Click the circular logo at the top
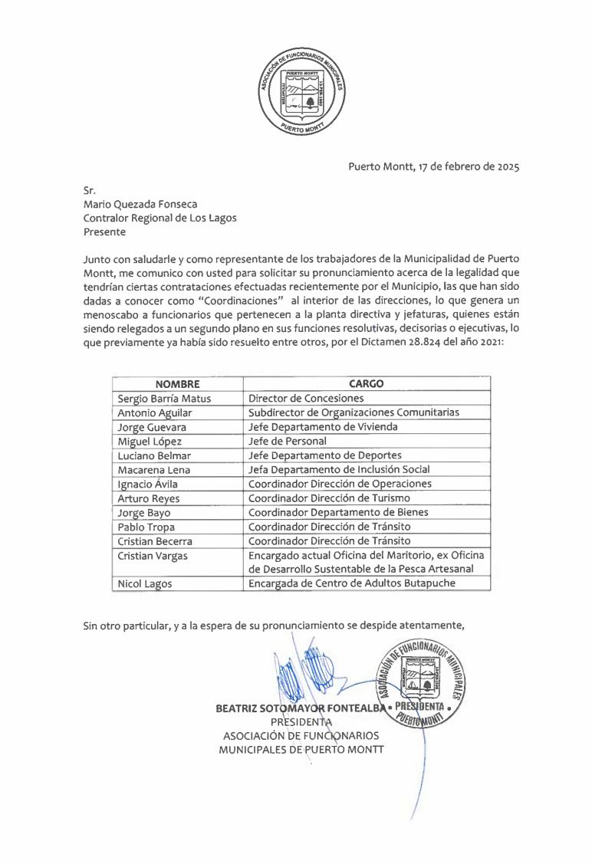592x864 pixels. point(301,92)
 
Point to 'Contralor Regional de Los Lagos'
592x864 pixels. point(160,218)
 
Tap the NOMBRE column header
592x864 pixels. point(177,384)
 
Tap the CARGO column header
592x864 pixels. point(366,384)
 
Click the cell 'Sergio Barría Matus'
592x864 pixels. point(164,399)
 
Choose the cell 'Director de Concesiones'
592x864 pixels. point(306,399)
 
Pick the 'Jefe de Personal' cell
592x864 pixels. point(288,441)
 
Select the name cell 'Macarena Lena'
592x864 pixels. point(154,469)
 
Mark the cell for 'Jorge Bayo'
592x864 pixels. point(144,512)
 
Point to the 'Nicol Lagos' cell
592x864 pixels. point(145,583)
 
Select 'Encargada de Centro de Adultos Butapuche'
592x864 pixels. point(352,583)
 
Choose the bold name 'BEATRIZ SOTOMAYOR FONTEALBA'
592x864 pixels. point(299,708)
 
